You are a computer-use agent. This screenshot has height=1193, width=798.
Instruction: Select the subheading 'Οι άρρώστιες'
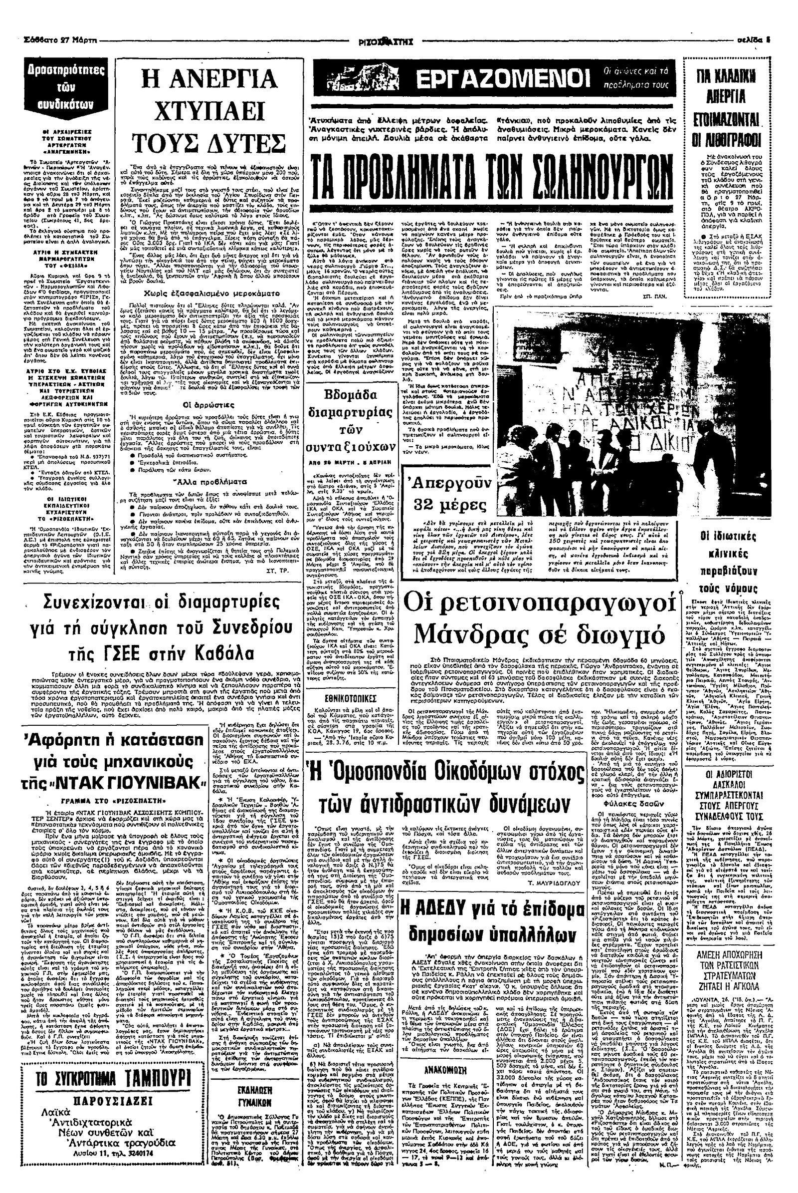tap(202, 405)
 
